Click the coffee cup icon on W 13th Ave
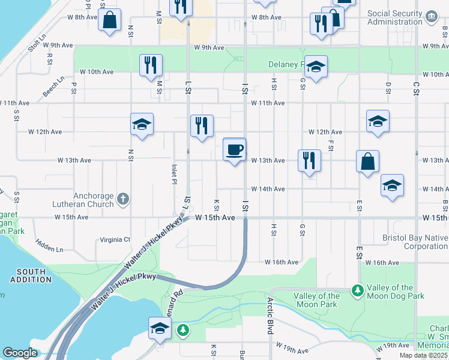pos(234,148)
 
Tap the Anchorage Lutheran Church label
pos(93,200)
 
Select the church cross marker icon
pos(123,199)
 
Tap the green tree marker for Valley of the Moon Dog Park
pos(358,291)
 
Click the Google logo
pos(20,353)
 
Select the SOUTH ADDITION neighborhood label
pos(31,275)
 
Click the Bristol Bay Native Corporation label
pos(415,242)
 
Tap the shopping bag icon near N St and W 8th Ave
pos(110,20)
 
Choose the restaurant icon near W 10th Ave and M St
pos(151,65)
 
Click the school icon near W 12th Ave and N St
pos(142,124)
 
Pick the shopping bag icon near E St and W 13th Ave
pos(367,161)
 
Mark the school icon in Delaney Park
pos(315,67)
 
